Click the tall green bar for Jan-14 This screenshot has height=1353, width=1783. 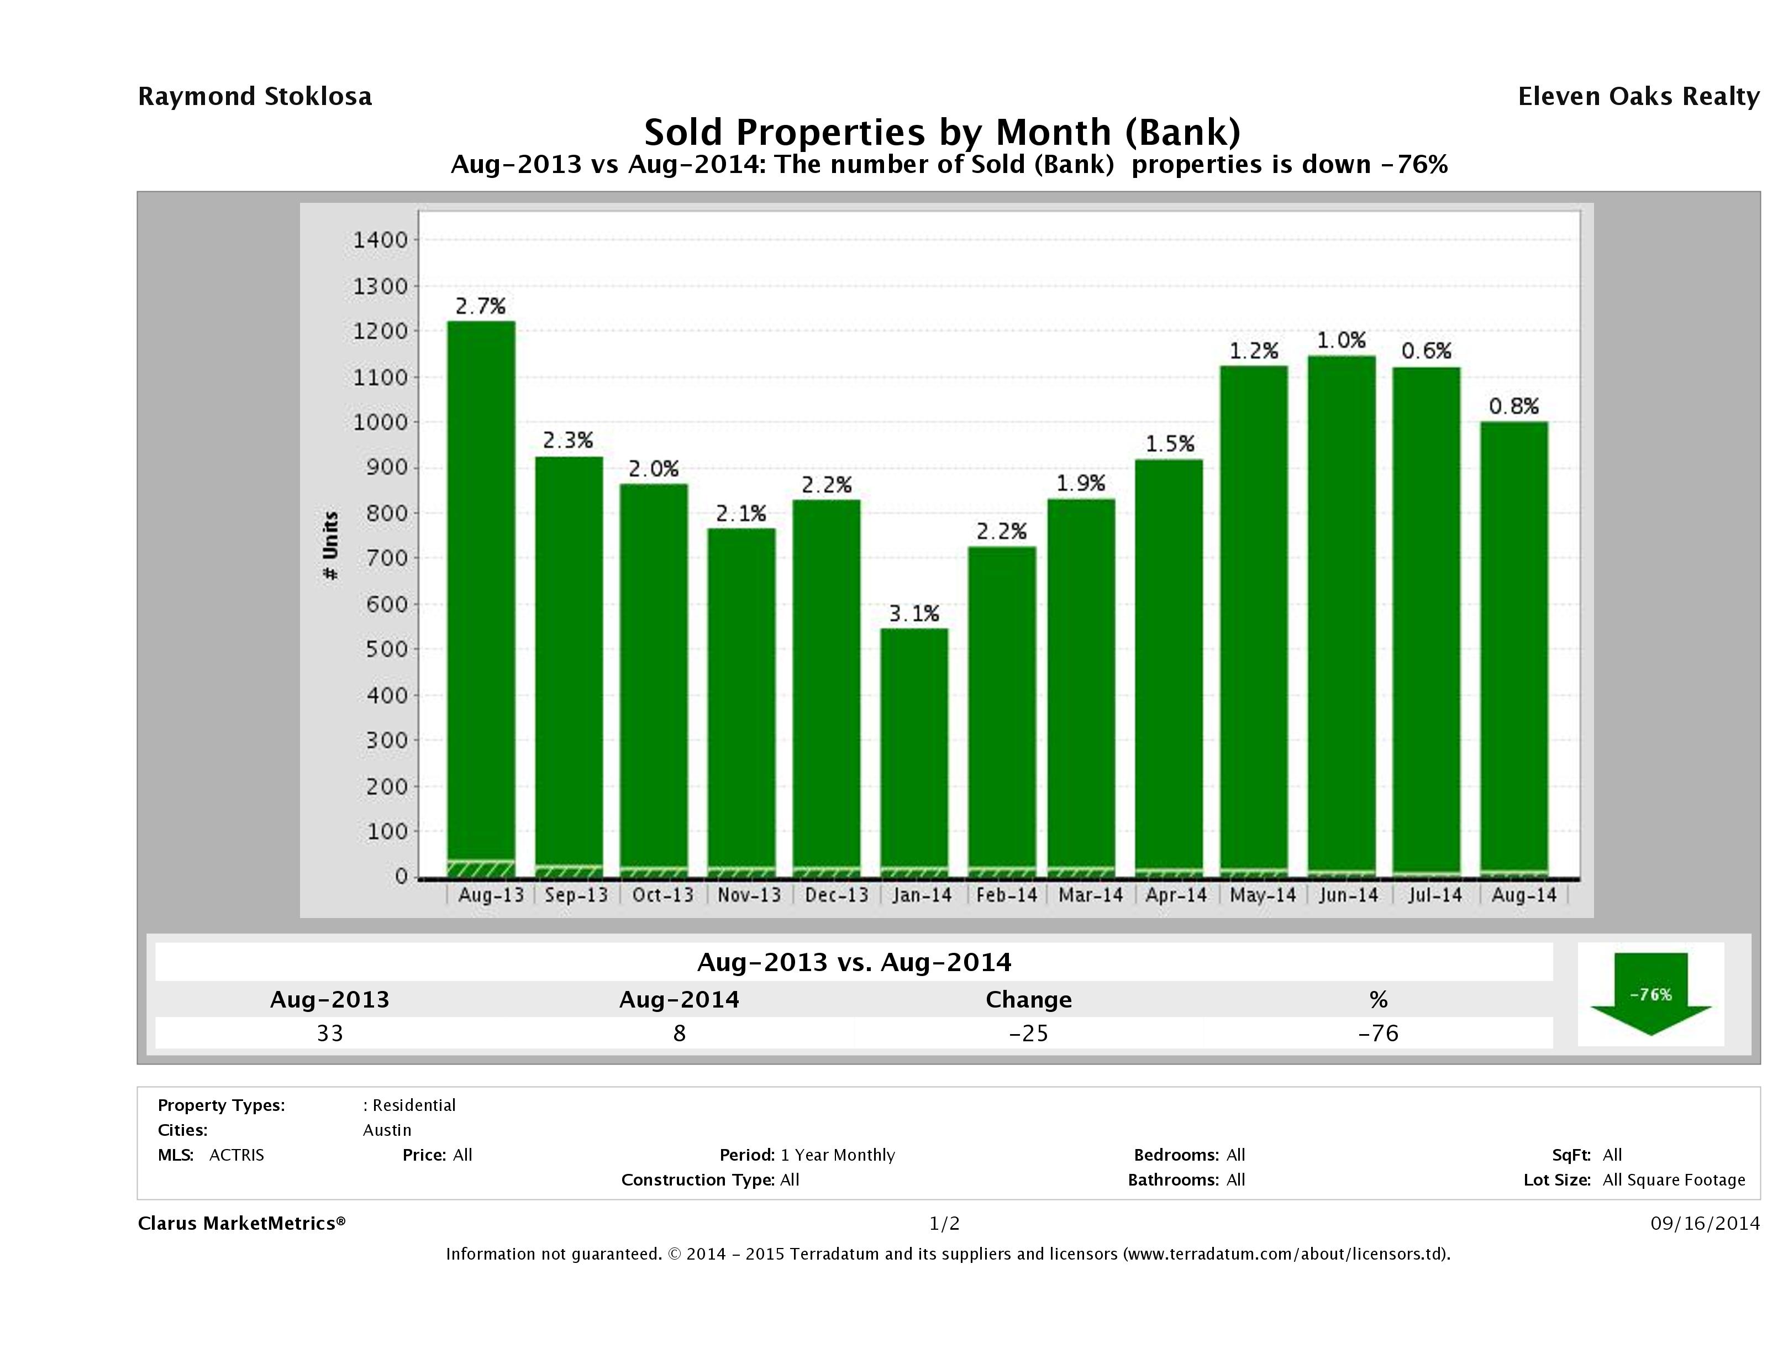point(914,750)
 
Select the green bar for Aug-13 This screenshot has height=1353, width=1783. point(481,597)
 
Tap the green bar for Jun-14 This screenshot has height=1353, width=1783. point(1342,613)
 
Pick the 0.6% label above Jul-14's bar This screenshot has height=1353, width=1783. point(1426,351)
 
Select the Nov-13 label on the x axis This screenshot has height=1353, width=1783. point(749,895)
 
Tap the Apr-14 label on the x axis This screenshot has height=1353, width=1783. point(1176,895)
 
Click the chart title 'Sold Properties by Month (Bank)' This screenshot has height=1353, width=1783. point(942,132)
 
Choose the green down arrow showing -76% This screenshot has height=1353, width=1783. point(1650,994)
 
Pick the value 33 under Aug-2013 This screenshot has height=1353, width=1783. point(330,1033)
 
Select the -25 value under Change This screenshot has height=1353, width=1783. point(1029,1033)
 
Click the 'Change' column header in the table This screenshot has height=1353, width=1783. point(1029,1000)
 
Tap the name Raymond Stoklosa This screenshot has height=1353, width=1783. point(255,97)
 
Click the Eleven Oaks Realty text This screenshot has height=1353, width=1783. point(1638,97)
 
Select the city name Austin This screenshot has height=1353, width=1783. point(387,1130)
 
